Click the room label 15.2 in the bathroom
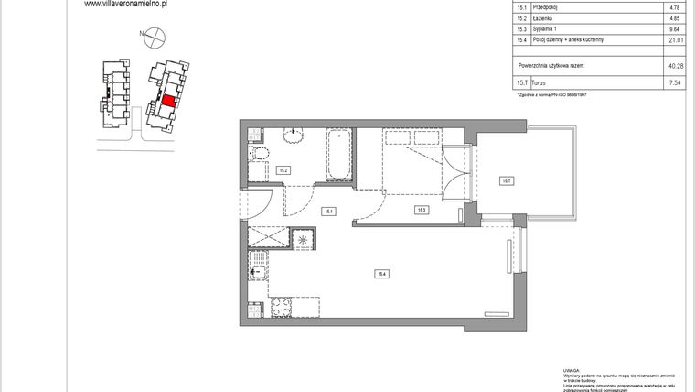[283, 170]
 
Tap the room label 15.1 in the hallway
[328, 212]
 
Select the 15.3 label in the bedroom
[422, 211]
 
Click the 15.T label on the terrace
[506, 181]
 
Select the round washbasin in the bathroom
[294, 137]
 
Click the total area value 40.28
[676, 66]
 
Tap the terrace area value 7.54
[676, 83]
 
